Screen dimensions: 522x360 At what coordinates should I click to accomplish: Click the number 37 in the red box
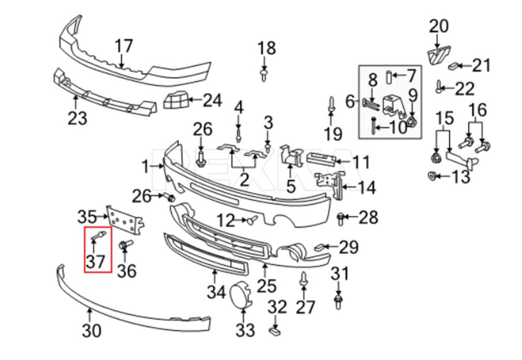(x=95, y=261)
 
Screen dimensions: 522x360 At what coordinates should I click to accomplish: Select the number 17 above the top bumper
(x=124, y=46)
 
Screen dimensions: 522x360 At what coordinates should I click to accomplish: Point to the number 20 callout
(x=438, y=26)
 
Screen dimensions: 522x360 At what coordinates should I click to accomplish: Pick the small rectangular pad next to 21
(x=453, y=66)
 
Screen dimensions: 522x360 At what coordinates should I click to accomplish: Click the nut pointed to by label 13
(x=432, y=175)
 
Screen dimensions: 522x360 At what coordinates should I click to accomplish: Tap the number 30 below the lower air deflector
(x=91, y=331)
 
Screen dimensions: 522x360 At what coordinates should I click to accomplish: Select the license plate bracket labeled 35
(x=125, y=219)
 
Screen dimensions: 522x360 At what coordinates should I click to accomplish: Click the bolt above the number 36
(x=125, y=245)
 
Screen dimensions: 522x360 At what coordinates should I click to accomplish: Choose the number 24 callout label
(x=212, y=100)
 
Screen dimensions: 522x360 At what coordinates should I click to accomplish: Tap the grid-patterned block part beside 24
(x=176, y=100)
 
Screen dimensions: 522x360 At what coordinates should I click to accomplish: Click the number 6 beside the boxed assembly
(x=350, y=102)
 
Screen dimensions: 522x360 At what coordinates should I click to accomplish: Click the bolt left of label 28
(x=340, y=218)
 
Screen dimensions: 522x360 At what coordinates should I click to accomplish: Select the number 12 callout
(x=226, y=220)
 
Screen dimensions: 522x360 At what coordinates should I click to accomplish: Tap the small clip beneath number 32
(x=274, y=331)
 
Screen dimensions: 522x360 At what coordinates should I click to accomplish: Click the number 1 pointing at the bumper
(x=146, y=167)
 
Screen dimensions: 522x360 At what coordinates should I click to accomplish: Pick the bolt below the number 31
(x=338, y=301)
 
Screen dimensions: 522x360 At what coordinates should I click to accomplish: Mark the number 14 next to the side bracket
(x=366, y=187)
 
